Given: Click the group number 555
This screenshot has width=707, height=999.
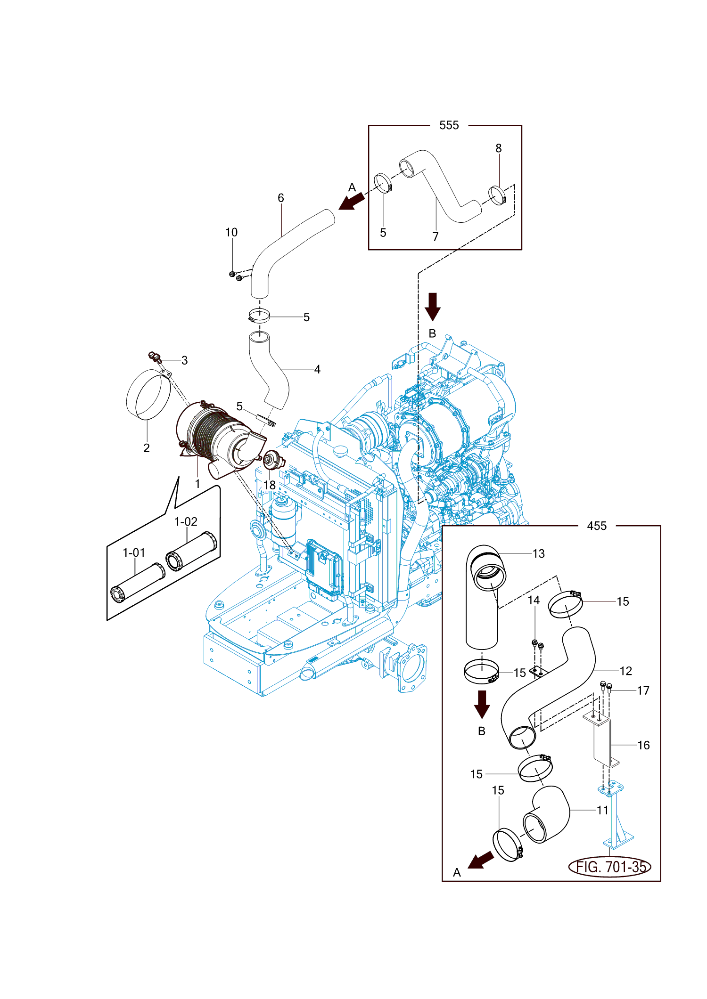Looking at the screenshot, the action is (x=449, y=125).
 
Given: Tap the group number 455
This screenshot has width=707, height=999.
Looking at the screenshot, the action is (x=597, y=526).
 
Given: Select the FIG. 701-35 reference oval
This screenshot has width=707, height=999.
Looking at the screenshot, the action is (x=609, y=867).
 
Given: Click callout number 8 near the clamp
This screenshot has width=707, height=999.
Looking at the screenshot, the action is (x=499, y=148).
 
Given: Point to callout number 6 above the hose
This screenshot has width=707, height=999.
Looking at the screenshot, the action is (x=281, y=198).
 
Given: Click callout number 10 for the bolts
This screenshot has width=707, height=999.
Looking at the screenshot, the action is (x=231, y=232).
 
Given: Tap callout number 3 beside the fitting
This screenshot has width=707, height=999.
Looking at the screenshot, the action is (x=185, y=360).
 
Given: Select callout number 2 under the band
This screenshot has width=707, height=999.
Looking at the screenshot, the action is (x=147, y=448).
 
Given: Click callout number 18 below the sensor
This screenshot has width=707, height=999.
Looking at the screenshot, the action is (x=270, y=485).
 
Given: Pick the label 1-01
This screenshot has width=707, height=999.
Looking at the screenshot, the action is (x=134, y=552).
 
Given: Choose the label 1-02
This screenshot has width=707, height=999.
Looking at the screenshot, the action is (x=186, y=522).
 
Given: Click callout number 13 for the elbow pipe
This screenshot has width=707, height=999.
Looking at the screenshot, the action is (x=539, y=554).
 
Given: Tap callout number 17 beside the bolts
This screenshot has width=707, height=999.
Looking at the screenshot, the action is (x=643, y=690).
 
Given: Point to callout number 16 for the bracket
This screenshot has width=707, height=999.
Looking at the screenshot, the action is (x=644, y=745).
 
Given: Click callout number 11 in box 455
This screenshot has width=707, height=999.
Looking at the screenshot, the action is (x=603, y=810).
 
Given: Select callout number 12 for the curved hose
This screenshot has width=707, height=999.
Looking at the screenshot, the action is (x=626, y=671).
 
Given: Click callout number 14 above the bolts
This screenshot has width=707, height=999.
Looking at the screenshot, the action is (x=534, y=600).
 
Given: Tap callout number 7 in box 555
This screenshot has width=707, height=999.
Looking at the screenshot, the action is (x=436, y=236).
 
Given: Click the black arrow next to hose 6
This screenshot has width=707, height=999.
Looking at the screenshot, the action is (x=352, y=201).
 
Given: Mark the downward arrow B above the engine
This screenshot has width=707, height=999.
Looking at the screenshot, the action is (x=433, y=307).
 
